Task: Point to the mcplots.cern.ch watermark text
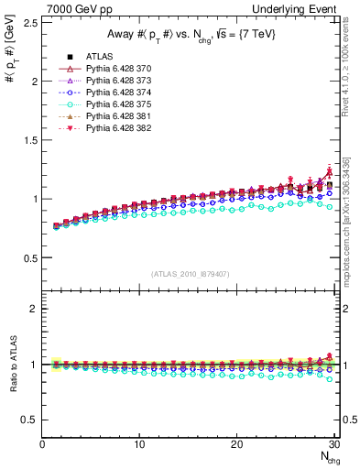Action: pos(347,229)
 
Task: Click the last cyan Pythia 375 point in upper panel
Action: pos(330,207)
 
